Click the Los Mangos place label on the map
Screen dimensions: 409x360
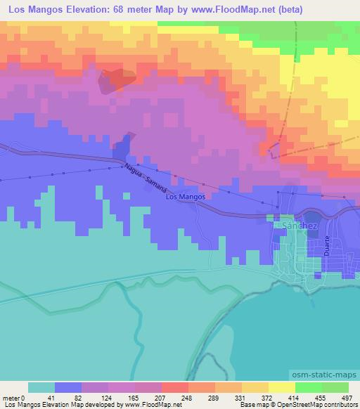point(185,197)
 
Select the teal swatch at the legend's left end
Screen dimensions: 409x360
point(41,387)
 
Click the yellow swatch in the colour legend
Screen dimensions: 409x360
point(281,387)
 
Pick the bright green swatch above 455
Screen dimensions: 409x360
point(308,387)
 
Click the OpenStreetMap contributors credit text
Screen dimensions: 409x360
point(317,405)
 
